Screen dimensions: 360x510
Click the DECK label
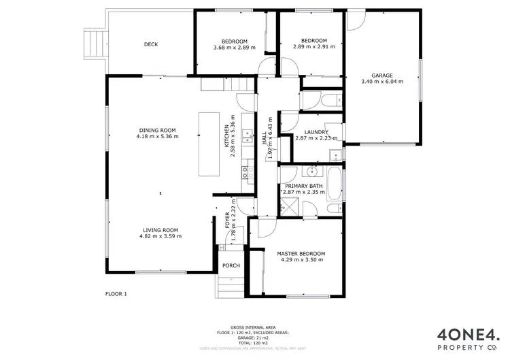click(151, 45)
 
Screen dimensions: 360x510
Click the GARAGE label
click(381, 76)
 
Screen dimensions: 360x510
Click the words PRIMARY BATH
click(304, 186)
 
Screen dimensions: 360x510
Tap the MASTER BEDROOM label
click(301, 254)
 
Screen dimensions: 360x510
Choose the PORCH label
click(231, 265)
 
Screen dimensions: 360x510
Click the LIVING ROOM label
click(160, 230)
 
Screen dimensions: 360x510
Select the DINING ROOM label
click(157, 130)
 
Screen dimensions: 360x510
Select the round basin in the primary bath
click(311, 171)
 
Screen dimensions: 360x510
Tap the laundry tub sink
click(335, 156)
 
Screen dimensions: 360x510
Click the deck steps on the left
click(93, 44)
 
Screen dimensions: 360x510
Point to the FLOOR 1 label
click(116, 294)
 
